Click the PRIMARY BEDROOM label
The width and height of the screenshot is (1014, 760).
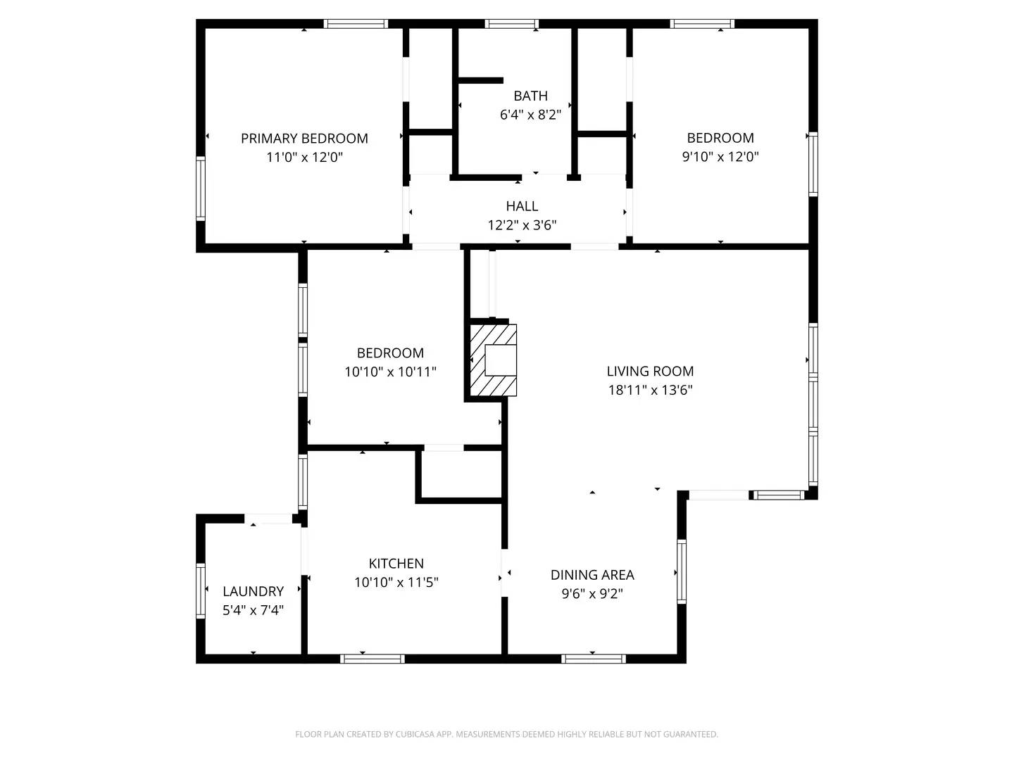pyautogui.click(x=304, y=139)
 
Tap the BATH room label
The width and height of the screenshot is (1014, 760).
pyautogui.click(x=530, y=96)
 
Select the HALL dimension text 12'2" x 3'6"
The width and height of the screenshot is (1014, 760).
pyautogui.click(x=522, y=225)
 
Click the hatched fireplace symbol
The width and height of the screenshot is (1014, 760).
pyautogui.click(x=493, y=360)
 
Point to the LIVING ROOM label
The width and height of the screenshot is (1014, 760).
pyautogui.click(x=650, y=371)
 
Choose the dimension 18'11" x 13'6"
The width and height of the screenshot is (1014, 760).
pyautogui.click(x=650, y=390)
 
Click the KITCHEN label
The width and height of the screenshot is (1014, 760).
pyautogui.click(x=396, y=563)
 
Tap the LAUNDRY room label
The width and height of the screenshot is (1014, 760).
pyautogui.click(x=253, y=591)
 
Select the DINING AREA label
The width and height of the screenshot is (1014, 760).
pyautogui.click(x=592, y=575)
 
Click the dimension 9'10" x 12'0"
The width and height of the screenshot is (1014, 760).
pyautogui.click(x=720, y=157)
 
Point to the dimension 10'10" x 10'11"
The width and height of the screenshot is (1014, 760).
pyautogui.click(x=390, y=372)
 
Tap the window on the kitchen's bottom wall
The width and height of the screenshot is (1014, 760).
pyautogui.click(x=372, y=659)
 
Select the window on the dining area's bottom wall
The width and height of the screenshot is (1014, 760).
pyautogui.click(x=594, y=659)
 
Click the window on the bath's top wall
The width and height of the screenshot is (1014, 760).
pyautogui.click(x=513, y=24)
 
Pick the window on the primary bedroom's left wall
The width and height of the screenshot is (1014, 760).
pyautogui.click(x=201, y=189)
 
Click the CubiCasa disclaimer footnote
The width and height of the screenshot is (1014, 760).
pyautogui.click(x=506, y=734)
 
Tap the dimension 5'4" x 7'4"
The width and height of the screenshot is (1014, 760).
pyautogui.click(x=253, y=610)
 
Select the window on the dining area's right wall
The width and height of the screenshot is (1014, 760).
pyautogui.click(x=681, y=571)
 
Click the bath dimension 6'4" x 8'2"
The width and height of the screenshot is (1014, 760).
pyautogui.click(x=530, y=115)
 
